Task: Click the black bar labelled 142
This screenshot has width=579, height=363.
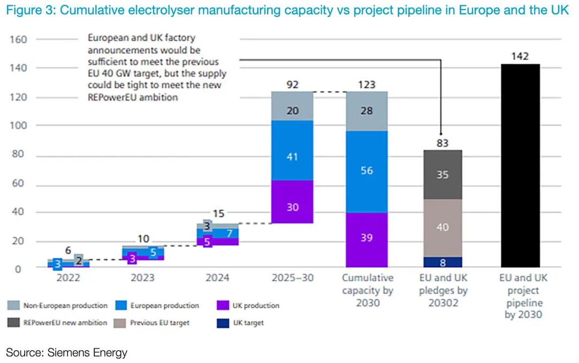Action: (520, 165)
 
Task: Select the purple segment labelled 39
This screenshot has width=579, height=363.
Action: (367, 239)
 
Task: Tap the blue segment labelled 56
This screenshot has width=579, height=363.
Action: (367, 171)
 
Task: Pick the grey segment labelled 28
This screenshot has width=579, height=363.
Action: (367, 111)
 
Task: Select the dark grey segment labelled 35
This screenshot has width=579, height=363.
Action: (442, 175)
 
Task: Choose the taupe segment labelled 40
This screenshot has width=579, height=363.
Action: (442, 228)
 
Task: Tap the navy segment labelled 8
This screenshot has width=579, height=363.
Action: (442, 262)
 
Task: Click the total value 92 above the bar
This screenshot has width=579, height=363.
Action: (292, 85)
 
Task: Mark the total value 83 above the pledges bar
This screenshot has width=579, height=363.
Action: (442, 143)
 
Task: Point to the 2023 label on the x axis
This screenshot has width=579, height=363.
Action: (143, 278)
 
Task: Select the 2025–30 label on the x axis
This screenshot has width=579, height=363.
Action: (292, 278)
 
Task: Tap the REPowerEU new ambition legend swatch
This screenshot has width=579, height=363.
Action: (14, 323)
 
